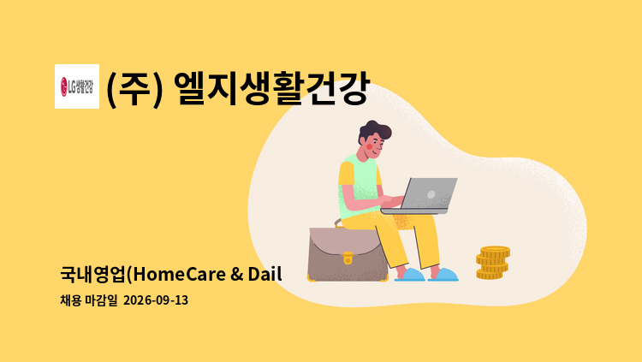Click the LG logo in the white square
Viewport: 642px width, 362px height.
(77, 86)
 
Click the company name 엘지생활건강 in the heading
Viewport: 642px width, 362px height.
(272, 87)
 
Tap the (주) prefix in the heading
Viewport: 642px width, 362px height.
(134, 88)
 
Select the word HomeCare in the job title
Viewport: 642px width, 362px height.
(180, 274)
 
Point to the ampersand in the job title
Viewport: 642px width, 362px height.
(236, 275)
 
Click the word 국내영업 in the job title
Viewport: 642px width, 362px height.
(92, 274)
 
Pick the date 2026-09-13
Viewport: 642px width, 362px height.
(156, 300)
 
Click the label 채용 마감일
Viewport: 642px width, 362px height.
(88, 300)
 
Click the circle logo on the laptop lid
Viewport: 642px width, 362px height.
(431, 194)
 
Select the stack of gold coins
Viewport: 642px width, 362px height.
(492, 263)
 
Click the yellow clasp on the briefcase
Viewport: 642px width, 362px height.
(348, 258)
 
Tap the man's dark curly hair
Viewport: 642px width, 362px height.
(374, 131)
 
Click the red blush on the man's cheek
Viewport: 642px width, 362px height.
(369, 146)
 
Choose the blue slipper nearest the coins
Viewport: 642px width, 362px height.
(443, 275)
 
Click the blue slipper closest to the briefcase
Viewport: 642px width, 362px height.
(409, 275)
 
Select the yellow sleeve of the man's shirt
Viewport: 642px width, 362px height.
(347, 173)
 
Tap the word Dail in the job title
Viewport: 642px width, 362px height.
(265, 274)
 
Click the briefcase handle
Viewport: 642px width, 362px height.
(339, 223)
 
